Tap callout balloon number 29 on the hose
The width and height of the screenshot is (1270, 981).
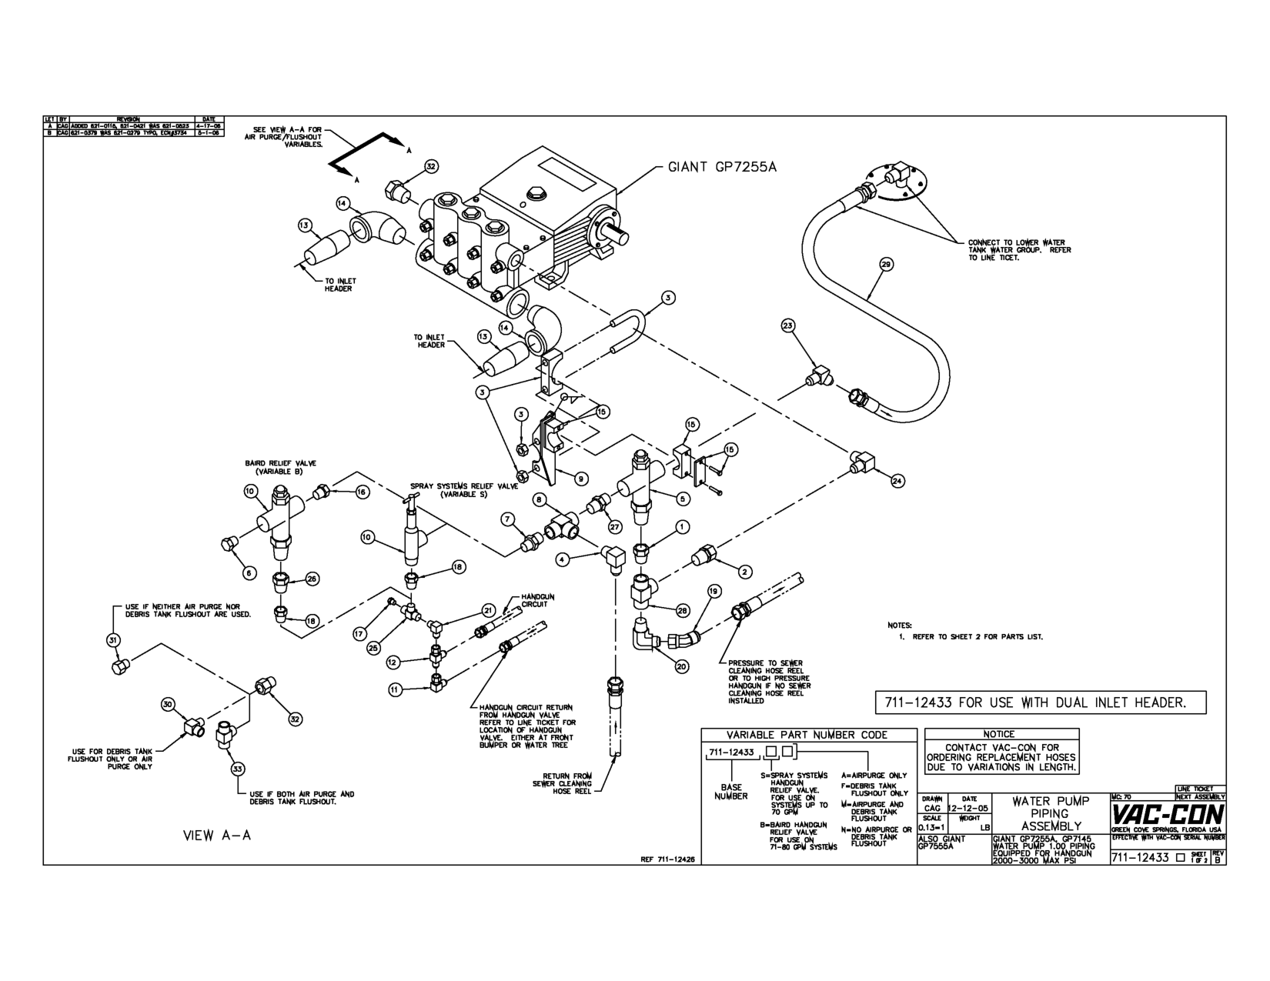click(x=885, y=265)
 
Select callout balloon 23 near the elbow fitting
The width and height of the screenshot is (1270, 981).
click(x=787, y=325)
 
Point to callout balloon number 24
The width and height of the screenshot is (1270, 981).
click(x=897, y=481)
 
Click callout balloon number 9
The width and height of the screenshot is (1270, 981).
click(x=581, y=479)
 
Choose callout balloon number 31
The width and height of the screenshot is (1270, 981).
click(x=112, y=639)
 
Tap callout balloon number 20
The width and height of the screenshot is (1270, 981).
click(x=682, y=667)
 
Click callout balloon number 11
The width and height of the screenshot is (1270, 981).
click(x=394, y=690)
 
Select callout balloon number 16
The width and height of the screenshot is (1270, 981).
click(x=363, y=492)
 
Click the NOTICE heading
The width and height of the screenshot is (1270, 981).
click(x=998, y=734)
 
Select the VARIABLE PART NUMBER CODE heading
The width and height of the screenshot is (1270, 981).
click(x=807, y=735)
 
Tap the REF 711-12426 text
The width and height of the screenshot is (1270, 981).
click(x=667, y=861)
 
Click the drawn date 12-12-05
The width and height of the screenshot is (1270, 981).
click(x=969, y=809)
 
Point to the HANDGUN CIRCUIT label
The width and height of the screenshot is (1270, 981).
click(x=538, y=600)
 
